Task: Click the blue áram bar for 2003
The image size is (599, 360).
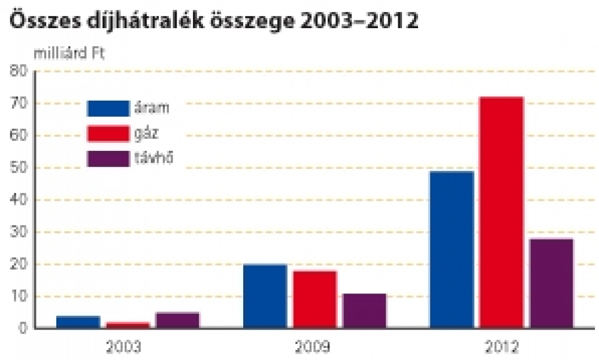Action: tap(78, 322)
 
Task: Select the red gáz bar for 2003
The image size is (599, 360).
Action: tap(128, 325)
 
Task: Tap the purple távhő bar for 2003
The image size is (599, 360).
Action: tap(177, 320)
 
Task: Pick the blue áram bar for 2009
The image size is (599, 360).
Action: tap(265, 296)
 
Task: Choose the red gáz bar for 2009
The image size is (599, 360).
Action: tap(315, 299)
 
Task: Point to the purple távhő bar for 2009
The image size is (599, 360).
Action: tap(364, 310)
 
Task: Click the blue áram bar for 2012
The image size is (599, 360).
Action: tap(452, 249)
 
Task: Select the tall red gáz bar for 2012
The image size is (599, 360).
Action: tap(502, 213)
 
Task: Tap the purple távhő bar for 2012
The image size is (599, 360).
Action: tap(552, 283)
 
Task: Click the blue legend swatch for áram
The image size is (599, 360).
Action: tap(108, 108)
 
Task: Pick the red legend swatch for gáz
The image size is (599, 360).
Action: tap(108, 134)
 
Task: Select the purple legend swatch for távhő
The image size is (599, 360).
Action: tap(108, 159)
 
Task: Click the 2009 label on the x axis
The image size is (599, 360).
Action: tap(315, 346)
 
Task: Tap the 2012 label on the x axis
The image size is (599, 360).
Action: tap(502, 346)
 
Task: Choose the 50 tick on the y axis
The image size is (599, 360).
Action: tap(19, 168)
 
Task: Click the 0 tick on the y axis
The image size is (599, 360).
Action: tap(23, 328)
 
